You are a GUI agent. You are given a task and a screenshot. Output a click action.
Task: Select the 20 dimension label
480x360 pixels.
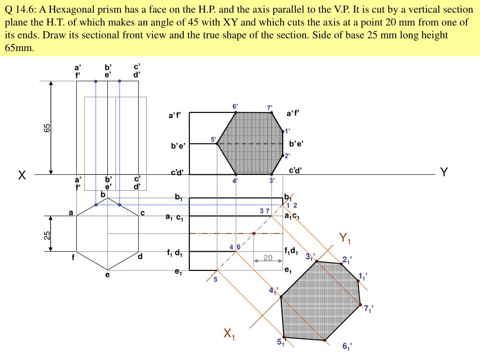coord(268,257)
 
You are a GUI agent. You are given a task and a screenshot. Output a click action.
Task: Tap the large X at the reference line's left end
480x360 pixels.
coord(22,176)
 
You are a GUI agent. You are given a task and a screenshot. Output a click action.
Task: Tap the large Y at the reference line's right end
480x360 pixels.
coord(444,172)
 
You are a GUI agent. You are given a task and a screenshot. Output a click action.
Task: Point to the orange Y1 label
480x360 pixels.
coord(345,239)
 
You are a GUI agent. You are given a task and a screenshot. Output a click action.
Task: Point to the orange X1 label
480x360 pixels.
coord(229,334)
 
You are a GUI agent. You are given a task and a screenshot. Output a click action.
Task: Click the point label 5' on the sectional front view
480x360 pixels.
coord(213,139)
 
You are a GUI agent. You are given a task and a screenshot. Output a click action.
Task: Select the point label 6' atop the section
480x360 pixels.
coord(235,106)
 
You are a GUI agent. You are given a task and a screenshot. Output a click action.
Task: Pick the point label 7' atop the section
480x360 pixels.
coord(270,108)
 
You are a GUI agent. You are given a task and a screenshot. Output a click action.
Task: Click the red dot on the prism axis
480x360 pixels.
coord(254,233)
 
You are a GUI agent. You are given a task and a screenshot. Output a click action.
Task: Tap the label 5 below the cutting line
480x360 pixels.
coord(216,280)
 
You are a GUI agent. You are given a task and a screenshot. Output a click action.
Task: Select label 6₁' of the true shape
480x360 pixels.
coord(347,346)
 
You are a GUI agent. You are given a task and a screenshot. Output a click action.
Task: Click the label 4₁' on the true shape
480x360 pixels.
coord(273,291)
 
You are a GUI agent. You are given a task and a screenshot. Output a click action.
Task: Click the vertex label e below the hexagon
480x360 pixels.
coord(107,275)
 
